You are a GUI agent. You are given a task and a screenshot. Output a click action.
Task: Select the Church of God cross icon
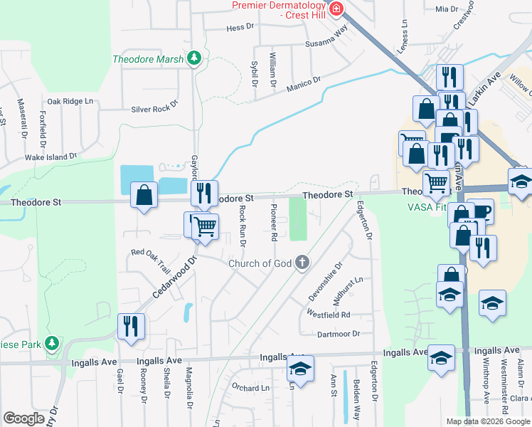tap(302, 263)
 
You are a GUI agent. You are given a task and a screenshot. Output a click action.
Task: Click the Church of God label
tap(260, 263)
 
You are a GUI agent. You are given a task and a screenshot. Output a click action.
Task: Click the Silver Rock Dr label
tap(154, 109)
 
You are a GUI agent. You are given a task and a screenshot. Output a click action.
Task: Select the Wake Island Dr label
tap(50, 157)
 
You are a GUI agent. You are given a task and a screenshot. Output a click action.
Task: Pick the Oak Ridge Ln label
tap(70, 101)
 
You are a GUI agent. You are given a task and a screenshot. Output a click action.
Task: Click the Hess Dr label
tap(240, 28)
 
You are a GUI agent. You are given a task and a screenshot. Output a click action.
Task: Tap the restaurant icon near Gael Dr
tap(131, 326)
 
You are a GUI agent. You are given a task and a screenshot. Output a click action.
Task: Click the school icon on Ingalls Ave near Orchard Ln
tap(300, 369)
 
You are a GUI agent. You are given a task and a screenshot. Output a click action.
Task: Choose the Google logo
tap(23, 418)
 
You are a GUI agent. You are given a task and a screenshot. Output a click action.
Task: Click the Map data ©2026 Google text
tap(487, 421)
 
